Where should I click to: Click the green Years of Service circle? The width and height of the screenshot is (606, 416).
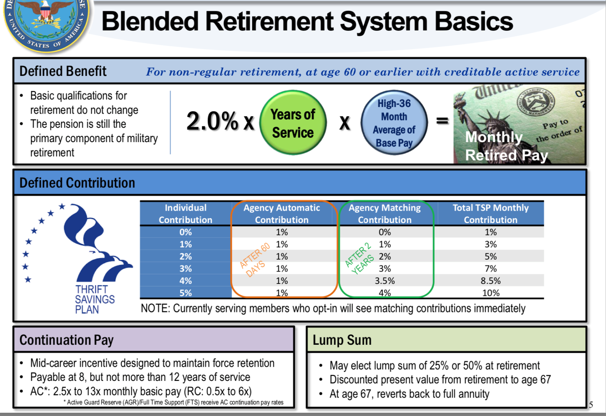(293, 122)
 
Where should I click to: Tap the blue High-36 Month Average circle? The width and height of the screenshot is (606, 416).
(394, 122)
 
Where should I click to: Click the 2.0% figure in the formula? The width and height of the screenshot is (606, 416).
(212, 121)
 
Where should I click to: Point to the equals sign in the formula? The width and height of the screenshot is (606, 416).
(442, 121)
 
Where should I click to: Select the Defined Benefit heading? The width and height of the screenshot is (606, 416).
(63, 72)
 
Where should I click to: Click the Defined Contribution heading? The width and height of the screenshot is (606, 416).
(77, 183)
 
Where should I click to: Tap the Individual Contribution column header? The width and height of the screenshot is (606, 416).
(186, 214)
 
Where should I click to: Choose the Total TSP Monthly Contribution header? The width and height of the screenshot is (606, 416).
(490, 214)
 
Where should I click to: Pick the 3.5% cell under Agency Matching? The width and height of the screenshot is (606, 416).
(385, 281)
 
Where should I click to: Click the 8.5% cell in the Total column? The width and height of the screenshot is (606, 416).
(490, 281)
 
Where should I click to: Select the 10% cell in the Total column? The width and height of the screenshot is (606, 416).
(490, 293)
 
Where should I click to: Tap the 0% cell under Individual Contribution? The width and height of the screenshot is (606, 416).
(186, 232)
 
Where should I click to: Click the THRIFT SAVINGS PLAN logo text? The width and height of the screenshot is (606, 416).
(95, 299)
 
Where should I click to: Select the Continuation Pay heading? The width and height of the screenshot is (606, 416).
(66, 340)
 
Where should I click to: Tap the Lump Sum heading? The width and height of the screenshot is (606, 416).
(342, 340)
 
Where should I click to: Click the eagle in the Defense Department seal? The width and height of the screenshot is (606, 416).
(45, 12)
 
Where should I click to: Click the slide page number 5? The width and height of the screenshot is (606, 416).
(591, 405)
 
